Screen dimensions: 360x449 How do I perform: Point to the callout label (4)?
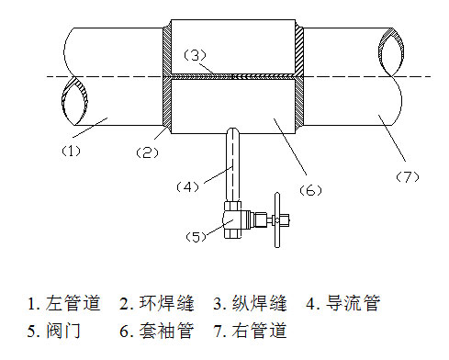[x=187, y=186]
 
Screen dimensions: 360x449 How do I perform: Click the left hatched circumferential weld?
[x=166, y=78]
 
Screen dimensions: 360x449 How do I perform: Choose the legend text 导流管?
[x=354, y=303]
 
